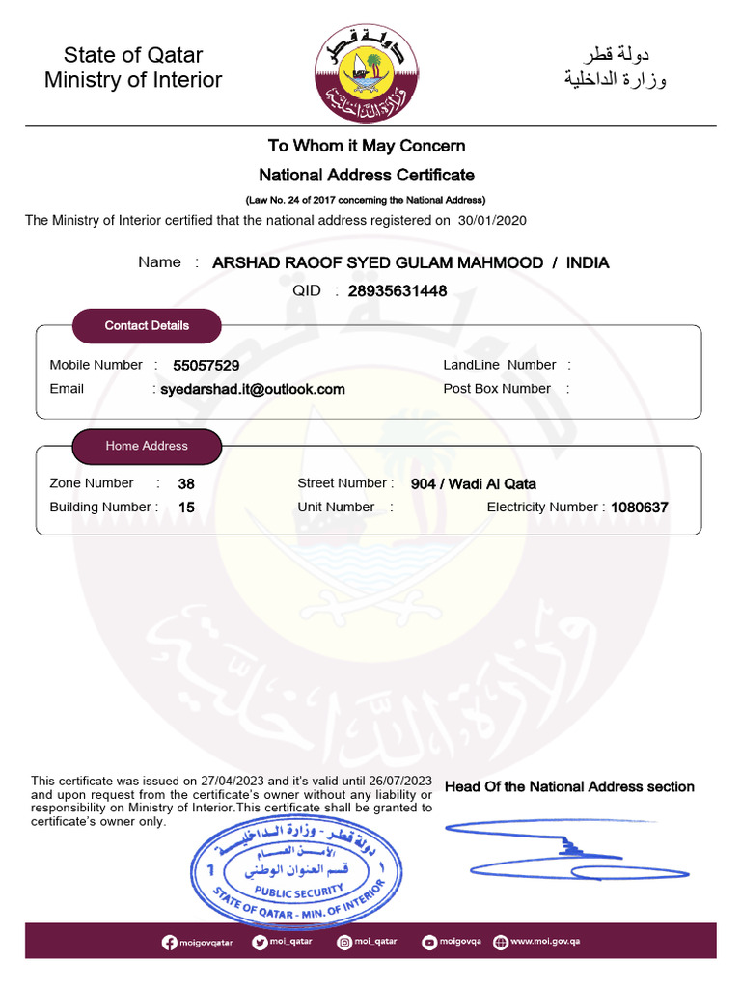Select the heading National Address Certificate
(367, 175)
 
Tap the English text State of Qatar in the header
(133, 55)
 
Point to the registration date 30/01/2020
(492, 220)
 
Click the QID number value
(397, 290)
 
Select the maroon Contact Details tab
(147, 326)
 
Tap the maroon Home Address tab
(147, 446)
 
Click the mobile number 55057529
(206, 366)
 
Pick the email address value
(252, 389)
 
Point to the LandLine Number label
(499, 365)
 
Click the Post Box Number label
(497, 389)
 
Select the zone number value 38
(186, 484)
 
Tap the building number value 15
(186, 508)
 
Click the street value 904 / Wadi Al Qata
(473, 484)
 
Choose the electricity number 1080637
(640, 508)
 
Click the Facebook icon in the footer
(170, 942)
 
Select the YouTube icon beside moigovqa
(429, 942)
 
